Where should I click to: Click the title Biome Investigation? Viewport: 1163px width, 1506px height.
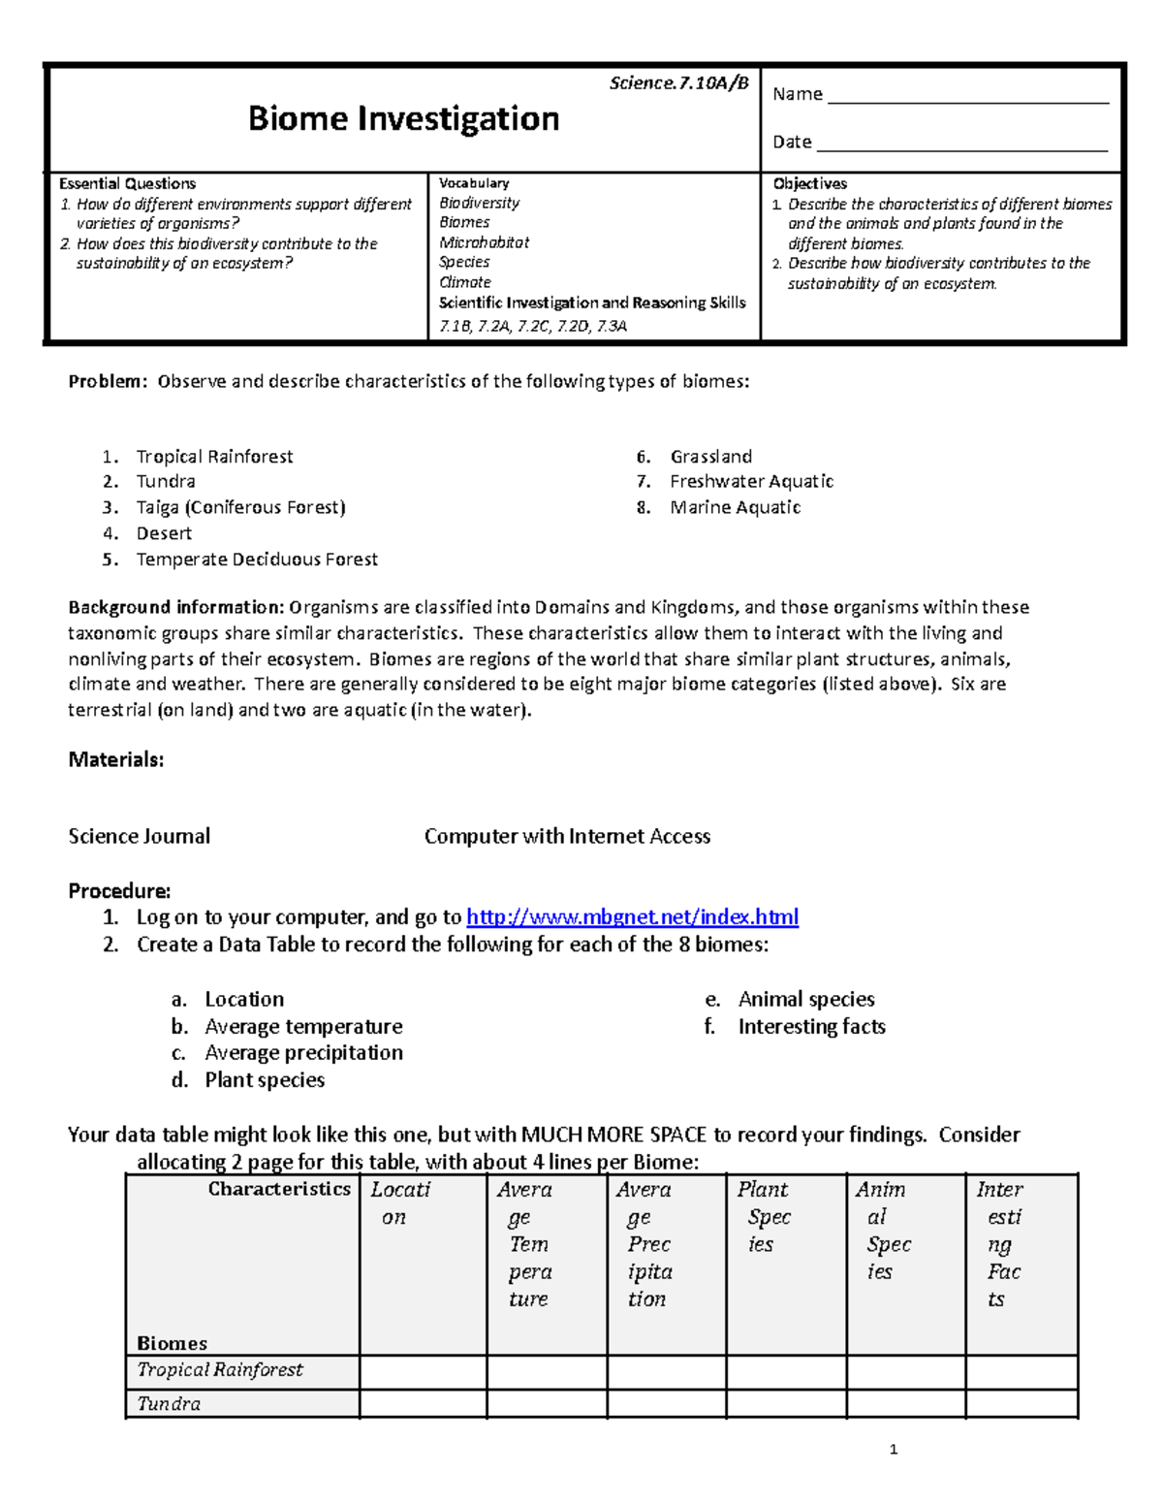click(403, 118)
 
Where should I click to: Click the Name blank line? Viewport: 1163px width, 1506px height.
click(967, 97)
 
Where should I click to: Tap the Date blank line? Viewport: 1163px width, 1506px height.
click(961, 145)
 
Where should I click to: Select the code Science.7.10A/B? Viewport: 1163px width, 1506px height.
click(678, 83)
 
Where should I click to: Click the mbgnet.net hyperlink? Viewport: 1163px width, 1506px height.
click(632, 917)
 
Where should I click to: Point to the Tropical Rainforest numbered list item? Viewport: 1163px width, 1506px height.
click(214, 457)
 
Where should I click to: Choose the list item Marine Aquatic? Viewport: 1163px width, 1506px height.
click(735, 507)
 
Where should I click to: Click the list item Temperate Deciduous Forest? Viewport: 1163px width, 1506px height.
click(257, 560)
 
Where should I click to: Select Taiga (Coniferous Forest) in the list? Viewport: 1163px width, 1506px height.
click(240, 507)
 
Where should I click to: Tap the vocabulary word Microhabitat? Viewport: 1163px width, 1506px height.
click(484, 242)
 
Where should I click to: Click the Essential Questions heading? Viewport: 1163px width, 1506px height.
click(127, 183)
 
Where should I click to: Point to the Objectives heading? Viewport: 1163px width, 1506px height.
click(809, 183)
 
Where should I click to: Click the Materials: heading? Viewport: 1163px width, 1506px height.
click(115, 759)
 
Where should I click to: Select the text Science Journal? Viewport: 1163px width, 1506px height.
click(139, 836)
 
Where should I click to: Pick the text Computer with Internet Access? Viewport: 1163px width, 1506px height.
click(567, 836)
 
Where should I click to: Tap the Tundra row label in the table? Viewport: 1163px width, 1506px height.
click(169, 1403)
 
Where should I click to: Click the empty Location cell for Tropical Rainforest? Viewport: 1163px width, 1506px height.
click(423, 1371)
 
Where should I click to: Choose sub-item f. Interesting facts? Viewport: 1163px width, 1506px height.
click(811, 1026)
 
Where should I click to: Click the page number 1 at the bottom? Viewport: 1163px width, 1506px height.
click(893, 1450)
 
